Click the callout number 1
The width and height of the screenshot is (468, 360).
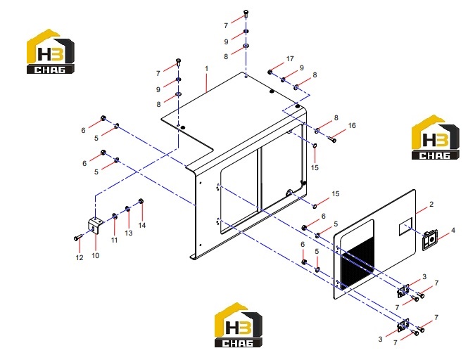pyautogui.click(x=206, y=69)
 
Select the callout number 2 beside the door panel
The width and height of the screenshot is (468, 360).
pyautogui.click(x=431, y=205)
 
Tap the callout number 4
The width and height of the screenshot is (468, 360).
pyautogui.click(x=453, y=230)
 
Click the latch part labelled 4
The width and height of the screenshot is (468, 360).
pyautogui.click(x=429, y=240)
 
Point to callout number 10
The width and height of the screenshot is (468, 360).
pyautogui.click(x=95, y=256)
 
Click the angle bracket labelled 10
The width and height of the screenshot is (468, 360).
pyautogui.click(x=94, y=225)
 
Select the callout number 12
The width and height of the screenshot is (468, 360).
pyautogui.click(x=80, y=258)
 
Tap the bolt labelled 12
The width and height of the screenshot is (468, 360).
pyautogui.click(x=78, y=238)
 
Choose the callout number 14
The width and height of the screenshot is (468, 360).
pyautogui.click(x=141, y=225)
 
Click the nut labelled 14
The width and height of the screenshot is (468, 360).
pyautogui.click(x=141, y=200)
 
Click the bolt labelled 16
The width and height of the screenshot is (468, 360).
pyautogui.click(x=332, y=139)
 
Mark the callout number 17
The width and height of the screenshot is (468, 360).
pyautogui.click(x=290, y=59)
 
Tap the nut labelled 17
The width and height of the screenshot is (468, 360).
pyautogui.click(x=270, y=72)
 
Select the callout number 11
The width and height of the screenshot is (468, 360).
pyautogui.click(x=114, y=240)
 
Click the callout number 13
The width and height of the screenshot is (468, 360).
pyautogui.click(x=129, y=233)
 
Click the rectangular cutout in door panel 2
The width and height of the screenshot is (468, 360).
pyautogui.click(x=405, y=226)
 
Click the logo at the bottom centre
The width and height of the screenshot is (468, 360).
pyautogui.click(x=238, y=326)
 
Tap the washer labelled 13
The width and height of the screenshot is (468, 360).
pyautogui.click(x=127, y=209)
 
